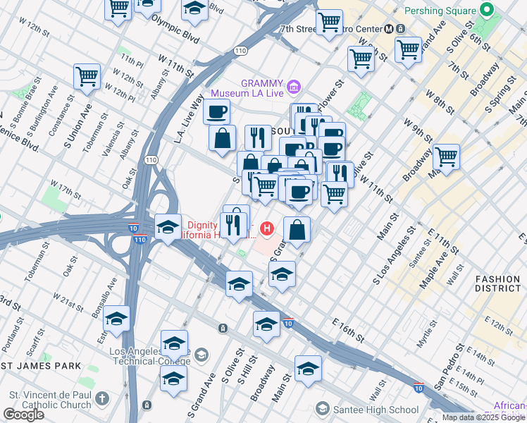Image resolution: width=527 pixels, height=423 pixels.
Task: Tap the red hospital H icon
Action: [266, 228]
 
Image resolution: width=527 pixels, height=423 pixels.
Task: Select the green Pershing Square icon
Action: [485, 11]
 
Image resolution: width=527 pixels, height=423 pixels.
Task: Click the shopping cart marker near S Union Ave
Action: [87, 75]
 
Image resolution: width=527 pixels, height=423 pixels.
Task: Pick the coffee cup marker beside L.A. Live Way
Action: [216, 111]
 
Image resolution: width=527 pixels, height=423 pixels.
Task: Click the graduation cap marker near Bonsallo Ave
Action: [117, 319]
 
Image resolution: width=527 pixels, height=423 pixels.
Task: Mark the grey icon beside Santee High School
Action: [323, 409]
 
